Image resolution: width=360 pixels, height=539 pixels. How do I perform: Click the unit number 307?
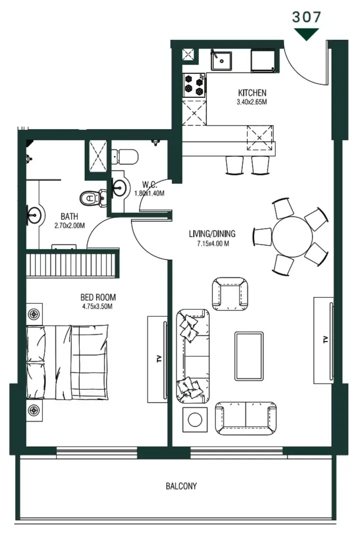click(x=306, y=16)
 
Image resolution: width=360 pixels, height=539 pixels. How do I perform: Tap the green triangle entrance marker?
click(x=306, y=34)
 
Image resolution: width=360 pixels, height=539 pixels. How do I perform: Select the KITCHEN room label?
click(x=252, y=93)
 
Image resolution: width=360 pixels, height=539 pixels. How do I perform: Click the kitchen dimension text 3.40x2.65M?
click(x=252, y=102)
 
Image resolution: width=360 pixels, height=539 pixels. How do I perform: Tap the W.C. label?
click(x=149, y=184)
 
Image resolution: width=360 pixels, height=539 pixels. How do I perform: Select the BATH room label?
click(x=69, y=217)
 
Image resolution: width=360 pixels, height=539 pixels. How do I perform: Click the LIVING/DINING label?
click(x=212, y=234)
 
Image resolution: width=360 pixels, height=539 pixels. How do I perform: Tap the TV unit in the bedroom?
click(x=159, y=357)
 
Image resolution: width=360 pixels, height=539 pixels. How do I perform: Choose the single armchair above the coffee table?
click(x=230, y=293)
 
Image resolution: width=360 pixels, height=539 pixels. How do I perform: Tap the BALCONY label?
click(x=181, y=486)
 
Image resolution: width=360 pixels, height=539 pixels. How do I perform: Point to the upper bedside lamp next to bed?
click(x=34, y=314)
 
